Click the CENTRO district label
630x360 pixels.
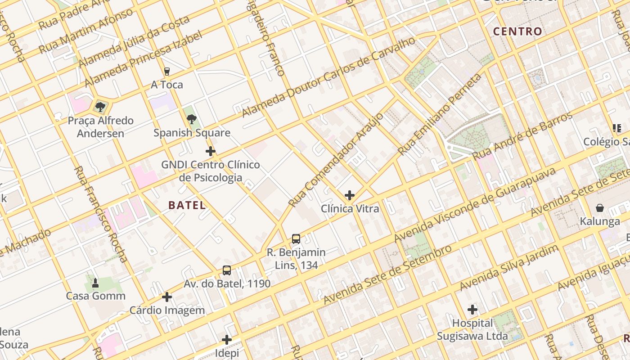[x=517, y=31]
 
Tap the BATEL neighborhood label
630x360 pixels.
[x=187, y=205]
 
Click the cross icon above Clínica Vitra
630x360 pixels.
[x=350, y=195]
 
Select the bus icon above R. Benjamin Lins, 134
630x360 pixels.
[x=296, y=239]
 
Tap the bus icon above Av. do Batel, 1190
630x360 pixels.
[x=227, y=270]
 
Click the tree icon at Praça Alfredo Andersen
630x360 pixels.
[x=100, y=107]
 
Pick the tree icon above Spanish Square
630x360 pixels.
[x=192, y=119]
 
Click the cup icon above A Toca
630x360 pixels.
[x=167, y=72]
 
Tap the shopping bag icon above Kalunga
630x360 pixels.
[x=600, y=208]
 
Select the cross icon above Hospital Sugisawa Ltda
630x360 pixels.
[x=472, y=310]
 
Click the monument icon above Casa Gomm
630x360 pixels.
[x=95, y=283]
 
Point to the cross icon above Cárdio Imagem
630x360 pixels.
[x=167, y=297]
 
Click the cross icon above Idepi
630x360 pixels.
[x=227, y=339]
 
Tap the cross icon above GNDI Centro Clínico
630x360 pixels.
[x=210, y=151]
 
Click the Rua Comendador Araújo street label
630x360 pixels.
[x=336, y=160]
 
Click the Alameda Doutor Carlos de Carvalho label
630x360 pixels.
[x=328, y=77]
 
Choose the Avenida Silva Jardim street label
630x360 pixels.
[x=508, y=268]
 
